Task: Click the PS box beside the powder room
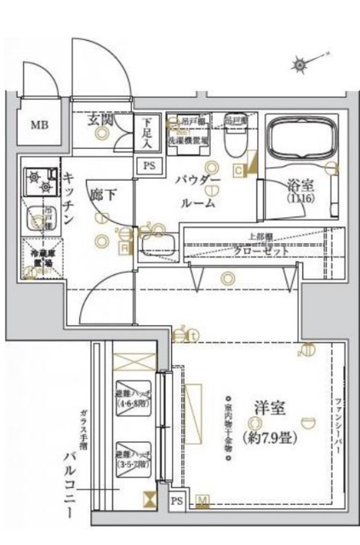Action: tap(149, 165)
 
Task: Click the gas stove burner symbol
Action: tap(37, 178)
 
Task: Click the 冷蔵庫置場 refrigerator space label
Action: tap(37, 258)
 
